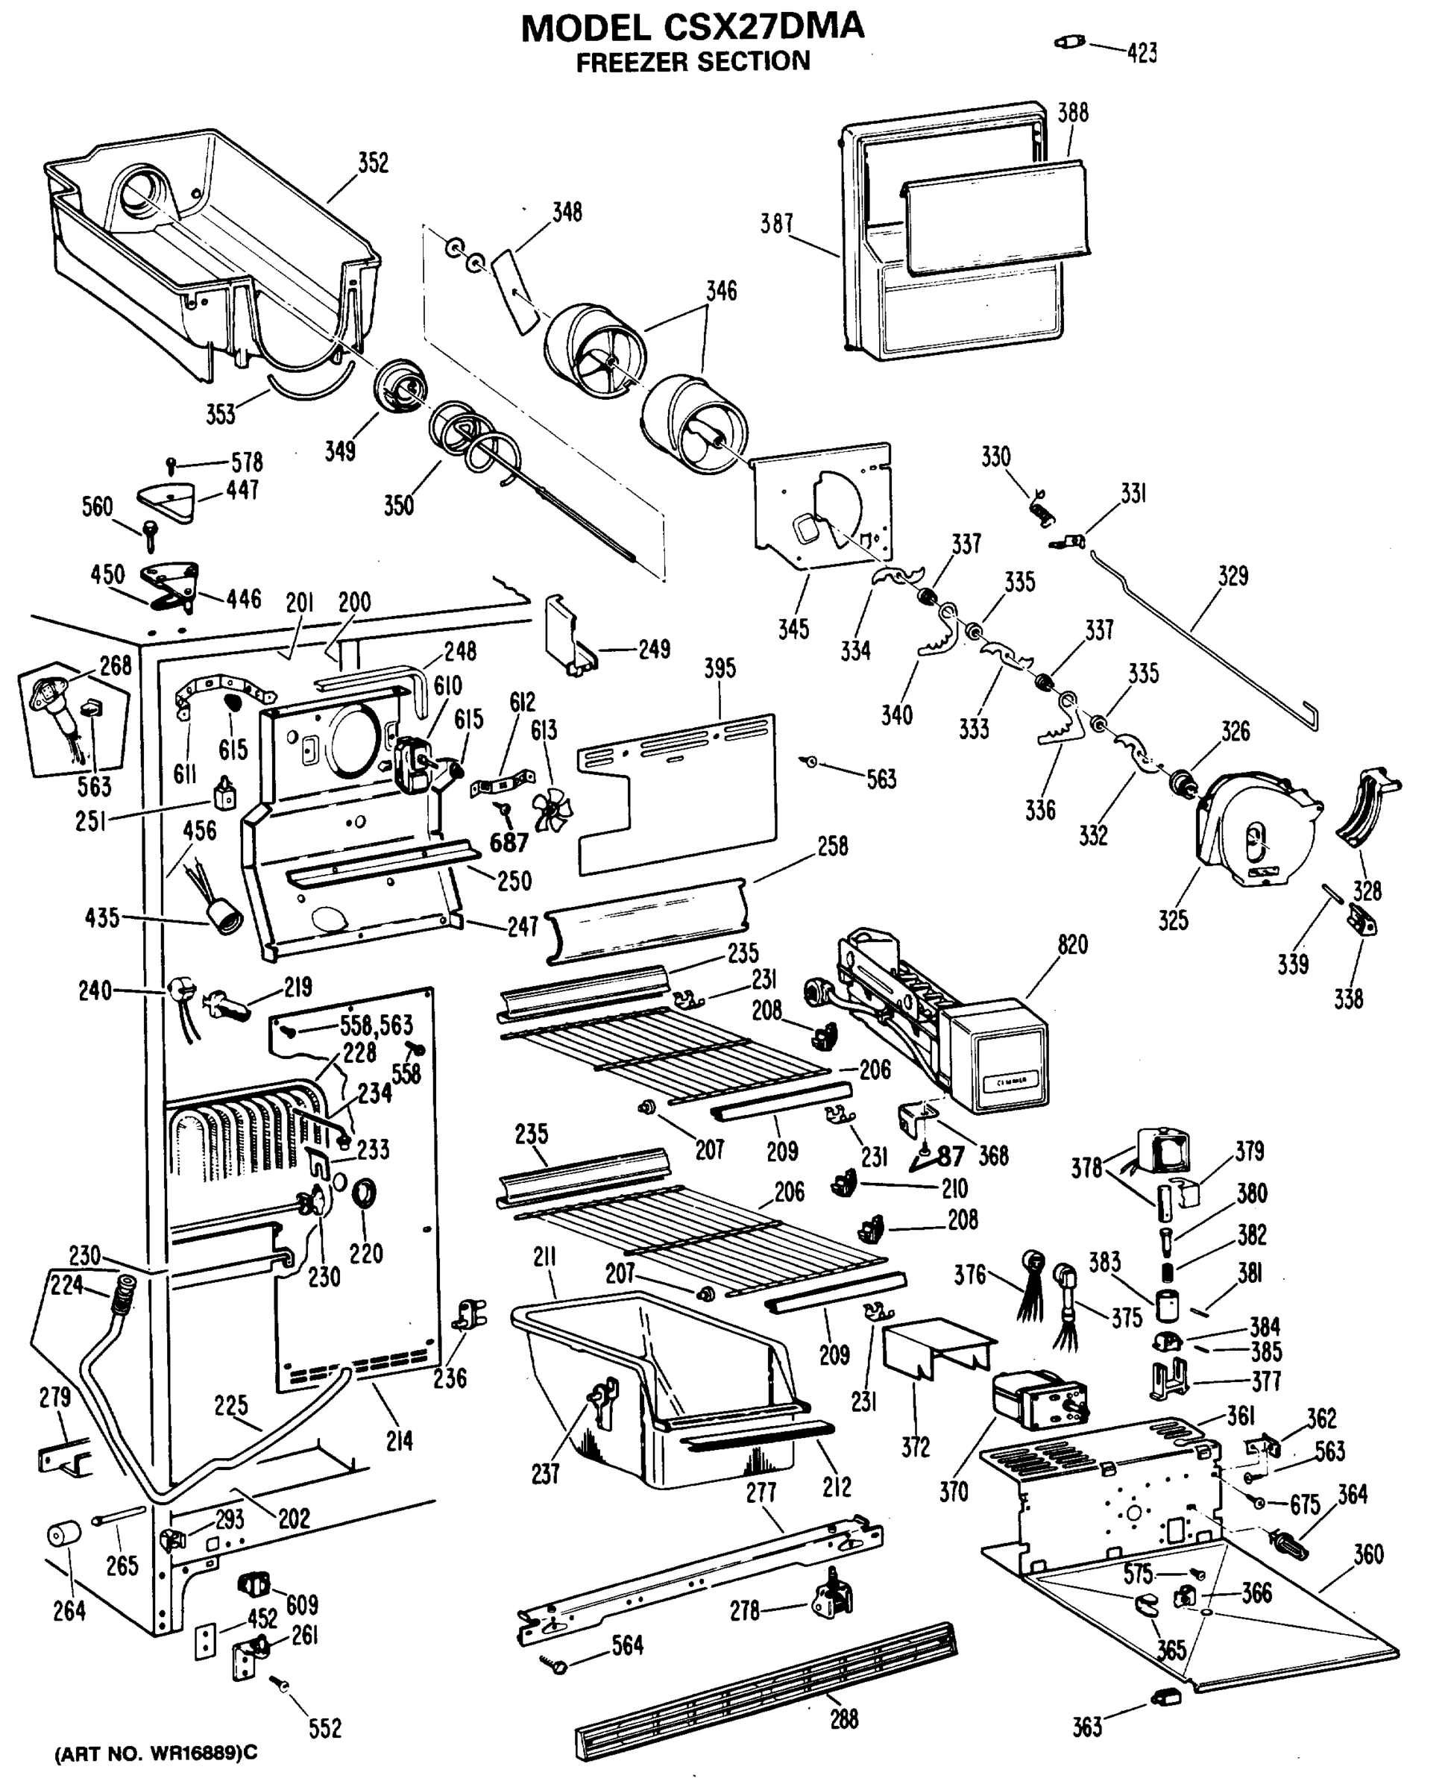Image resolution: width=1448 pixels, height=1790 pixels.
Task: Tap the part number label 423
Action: point(1142,54)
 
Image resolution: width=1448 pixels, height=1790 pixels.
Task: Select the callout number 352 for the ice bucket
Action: point(373,163)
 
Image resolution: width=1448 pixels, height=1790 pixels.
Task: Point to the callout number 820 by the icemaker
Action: point(1073,944)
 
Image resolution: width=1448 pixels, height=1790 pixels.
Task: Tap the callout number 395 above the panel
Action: point(719,668)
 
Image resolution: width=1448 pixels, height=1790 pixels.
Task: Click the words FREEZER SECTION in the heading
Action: point(693,62)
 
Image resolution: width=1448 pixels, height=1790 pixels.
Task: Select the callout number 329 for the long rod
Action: point(1233,577)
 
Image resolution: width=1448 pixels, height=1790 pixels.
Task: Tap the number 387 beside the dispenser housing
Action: point(775,224)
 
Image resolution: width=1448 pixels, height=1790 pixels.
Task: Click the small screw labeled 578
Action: point(171,463)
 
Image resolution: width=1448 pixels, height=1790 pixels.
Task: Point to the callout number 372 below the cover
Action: point(915,1447)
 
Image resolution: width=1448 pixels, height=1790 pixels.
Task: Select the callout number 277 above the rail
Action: point(761,1492)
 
